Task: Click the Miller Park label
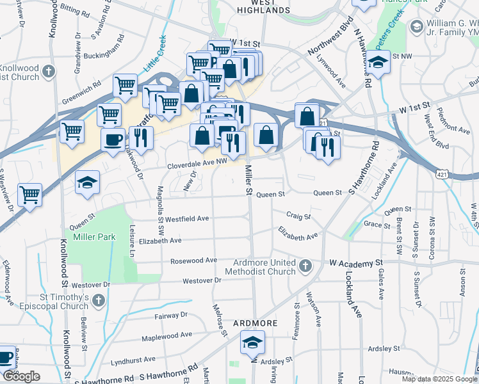(x=93, y=237)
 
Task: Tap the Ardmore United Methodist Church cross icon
(x=305, y=265)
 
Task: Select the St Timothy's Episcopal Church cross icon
(x=98, y=300)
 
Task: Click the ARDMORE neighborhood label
(x=255, y=323)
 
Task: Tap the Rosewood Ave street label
(x=193, y=260)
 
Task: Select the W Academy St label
(x=355, y=263)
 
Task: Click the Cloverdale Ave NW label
(x=197, y=164)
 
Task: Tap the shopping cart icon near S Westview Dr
(x=29, y=194)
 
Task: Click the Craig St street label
(x=298, y=217)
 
